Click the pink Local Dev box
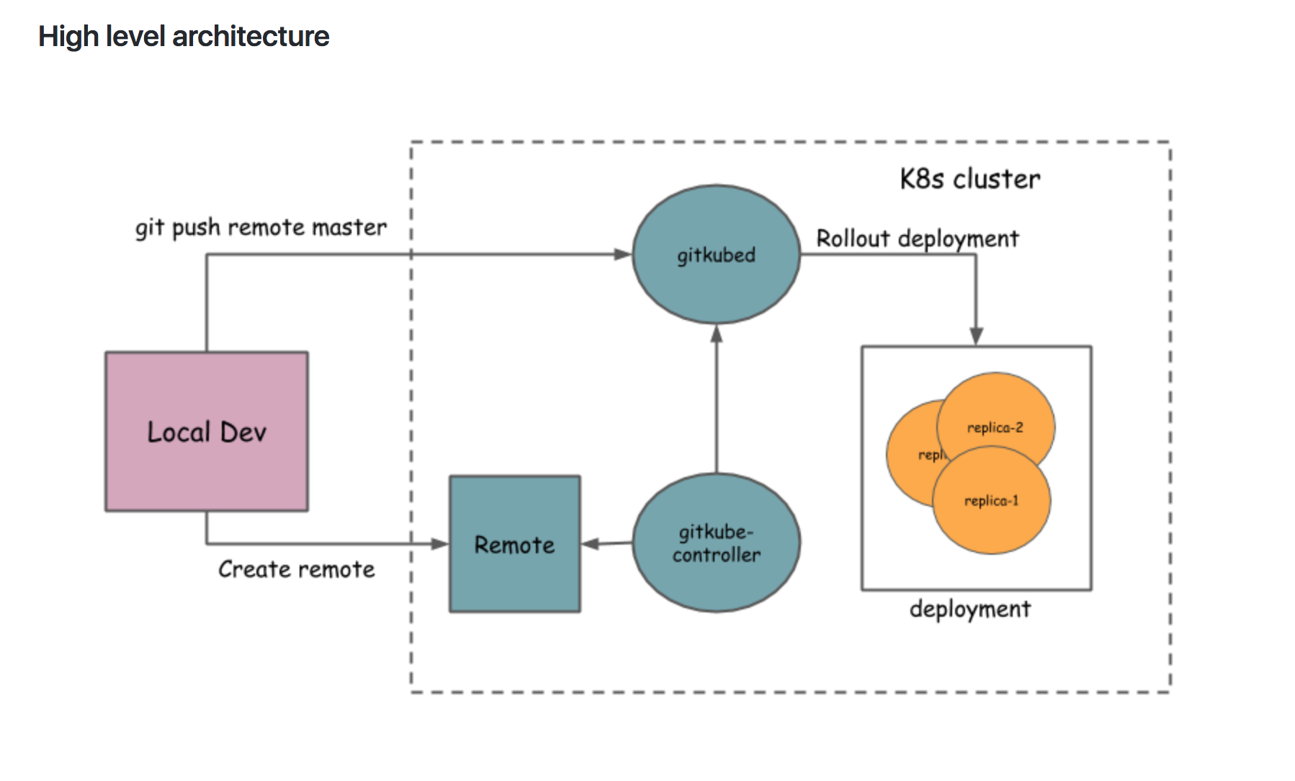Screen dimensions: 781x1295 click(207, 432)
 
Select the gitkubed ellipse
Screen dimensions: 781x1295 click(716, 254)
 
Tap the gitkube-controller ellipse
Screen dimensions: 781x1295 click(716, 543)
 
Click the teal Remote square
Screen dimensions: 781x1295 click(514, 544)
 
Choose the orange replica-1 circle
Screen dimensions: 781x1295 click(992, 504)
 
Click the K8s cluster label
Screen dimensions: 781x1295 click(969, 179)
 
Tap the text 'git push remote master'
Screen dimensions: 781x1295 click(261, 228)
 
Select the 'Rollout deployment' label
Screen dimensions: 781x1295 click(917, 238)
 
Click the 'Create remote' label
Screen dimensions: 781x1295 click(296, 569)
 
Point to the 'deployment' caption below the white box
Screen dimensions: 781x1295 click(969, 610)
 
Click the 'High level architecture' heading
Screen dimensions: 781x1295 click(184, 36)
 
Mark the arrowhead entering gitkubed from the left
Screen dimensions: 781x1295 click(622, 254)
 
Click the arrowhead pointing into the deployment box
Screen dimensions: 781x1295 click(976, 336)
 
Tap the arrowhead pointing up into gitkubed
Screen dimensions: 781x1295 click(716, 334)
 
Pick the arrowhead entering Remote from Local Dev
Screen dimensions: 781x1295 click(439, 544)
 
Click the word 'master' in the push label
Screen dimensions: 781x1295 click(349, 228)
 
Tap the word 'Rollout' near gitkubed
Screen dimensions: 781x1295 click(853, 238)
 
